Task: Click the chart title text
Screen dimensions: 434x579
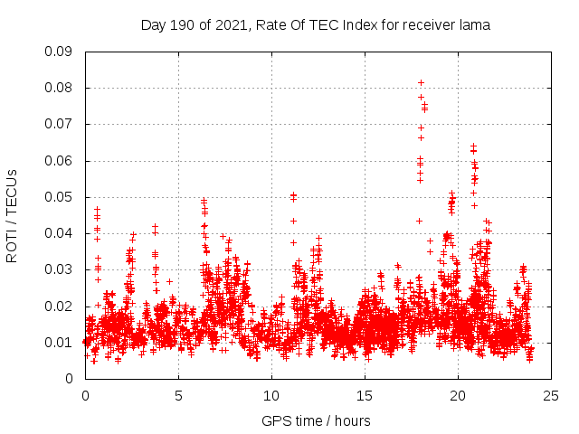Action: click(x=315, y=25)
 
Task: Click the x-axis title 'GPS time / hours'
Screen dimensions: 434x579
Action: click(x=316, y=420)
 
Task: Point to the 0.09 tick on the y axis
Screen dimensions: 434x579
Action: click(x=59, y=52)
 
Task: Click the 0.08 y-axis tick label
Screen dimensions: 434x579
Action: click(x=59, y=88)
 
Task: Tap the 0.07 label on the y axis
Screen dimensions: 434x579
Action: click(x=59, y=124)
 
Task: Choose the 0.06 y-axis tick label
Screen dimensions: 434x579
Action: click(x=59, y=161)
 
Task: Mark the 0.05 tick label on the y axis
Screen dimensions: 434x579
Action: click(x=59, y=197)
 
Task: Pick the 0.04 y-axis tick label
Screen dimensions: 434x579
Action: click(x=59, y=233)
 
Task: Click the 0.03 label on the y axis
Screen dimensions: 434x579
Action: click(x=59, y=269)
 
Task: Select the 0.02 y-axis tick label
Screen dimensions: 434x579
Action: click(x=59, y=306)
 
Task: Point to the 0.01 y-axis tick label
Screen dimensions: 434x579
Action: click(x=59, y=342)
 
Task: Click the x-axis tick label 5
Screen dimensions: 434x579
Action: click(x=178, y=395)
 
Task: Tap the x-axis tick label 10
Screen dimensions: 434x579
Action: click(x=271, y=395)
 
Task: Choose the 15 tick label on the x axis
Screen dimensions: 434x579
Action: click(x=365, y=395)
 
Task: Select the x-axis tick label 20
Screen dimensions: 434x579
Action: click(x=458, y=395)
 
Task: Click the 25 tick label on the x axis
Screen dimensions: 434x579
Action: click(x=551, y=395)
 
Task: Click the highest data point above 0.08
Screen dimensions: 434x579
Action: click(x=421, y=82)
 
